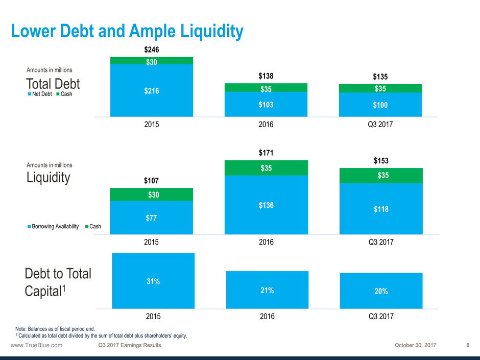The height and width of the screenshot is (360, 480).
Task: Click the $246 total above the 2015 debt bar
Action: click(x=151, y=50)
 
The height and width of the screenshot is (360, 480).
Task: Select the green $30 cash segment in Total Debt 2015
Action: click(x=151, y=61)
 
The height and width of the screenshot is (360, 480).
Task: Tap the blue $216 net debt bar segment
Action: click(x=151, y=91)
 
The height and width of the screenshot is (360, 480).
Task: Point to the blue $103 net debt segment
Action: click(x=266, y=105)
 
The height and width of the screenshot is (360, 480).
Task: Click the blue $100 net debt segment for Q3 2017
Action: click(x=380, y=105)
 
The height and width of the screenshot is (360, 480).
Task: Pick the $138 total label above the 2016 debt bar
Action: click(x=266, y=76)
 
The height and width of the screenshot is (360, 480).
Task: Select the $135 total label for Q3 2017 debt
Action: click(x=380, y=77)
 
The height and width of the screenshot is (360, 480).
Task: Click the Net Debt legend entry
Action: click(x=40, y=99)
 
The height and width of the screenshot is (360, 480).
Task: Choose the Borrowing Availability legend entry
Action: click(x=53, y=227)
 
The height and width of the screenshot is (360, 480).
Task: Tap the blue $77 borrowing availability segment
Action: click(x=151, y=218)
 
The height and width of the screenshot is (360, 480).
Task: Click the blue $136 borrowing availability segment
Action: click(x=266, y=205)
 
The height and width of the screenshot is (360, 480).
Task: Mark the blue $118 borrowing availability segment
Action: click(x=380, y=209)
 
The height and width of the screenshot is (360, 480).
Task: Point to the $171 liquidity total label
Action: click(x=266, y=153)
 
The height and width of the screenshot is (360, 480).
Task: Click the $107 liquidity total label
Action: click(x=151, y=181)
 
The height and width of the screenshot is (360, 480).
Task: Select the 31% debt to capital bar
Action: click(x=153, y=281)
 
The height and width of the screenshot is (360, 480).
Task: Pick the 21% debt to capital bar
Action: click(x=267, y=290)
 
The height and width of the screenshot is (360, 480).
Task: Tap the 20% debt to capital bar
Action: click(x=381, y=291)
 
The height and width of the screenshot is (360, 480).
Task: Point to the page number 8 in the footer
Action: click(x=468, y=345)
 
